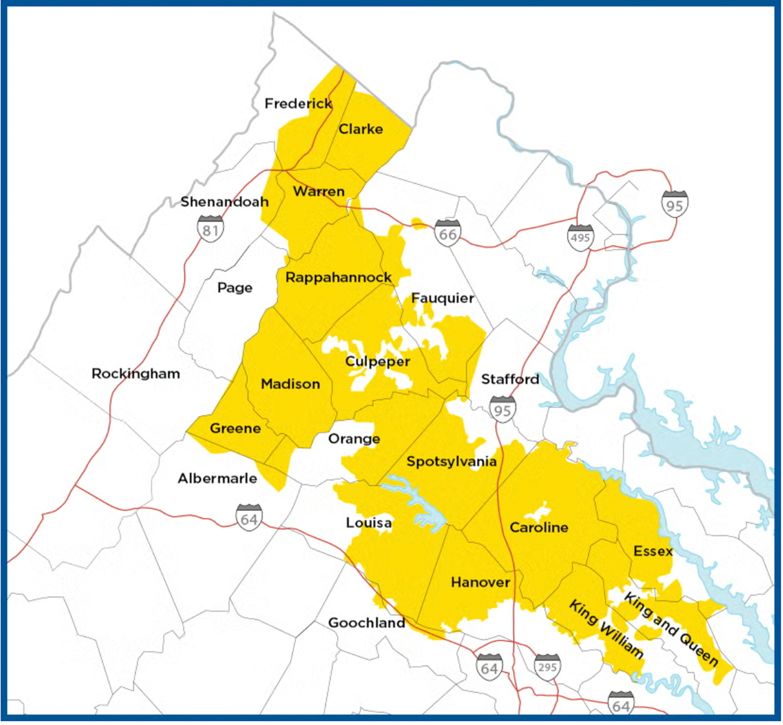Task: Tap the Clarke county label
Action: (x=361, y=129)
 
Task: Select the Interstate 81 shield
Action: (x=210, y=229)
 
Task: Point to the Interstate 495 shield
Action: (x=580, y=237)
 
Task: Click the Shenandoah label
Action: (x=225, y=202)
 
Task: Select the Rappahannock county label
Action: (x=338, y=277)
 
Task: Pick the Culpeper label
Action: (x=378, y=361)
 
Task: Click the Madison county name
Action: (x=290, y=384)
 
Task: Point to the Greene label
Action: (x=235, y=428)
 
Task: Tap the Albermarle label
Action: (x=217, y=478)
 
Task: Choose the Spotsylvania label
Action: (x=451, y=461)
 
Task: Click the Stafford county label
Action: (x=510, y=379)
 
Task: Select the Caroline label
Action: (x=539, y=527)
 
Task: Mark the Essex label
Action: (x=653, y=551)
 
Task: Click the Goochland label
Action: (x=367, y=623)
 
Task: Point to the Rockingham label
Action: (x=135, y=373)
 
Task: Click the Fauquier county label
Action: (x=442, y=298)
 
